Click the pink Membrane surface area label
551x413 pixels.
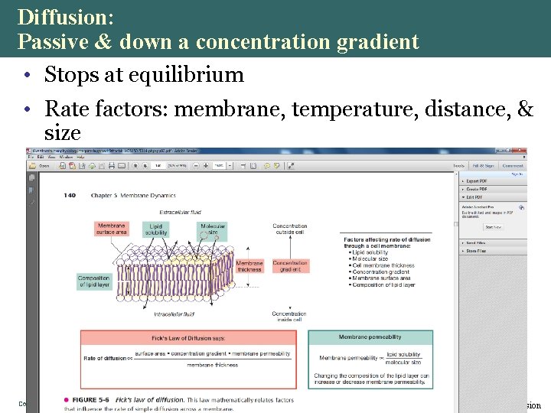tap(112, 228)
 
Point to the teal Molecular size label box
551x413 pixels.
tap(212, 228)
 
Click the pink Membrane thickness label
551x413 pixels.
tap(249, 266)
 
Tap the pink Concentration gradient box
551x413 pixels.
tap(290, 266)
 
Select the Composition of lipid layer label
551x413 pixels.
tap(94, 282)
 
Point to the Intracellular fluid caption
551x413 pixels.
tap(174, 314)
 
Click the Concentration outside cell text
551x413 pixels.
tap(290, 229)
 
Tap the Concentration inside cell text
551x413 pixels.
tap(290, 317)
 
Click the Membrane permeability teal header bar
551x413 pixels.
tap(370, 337)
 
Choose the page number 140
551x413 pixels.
tap(70, 196)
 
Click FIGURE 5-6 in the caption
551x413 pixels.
tap(92, 400)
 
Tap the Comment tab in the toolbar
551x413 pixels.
tap(513, 165)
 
